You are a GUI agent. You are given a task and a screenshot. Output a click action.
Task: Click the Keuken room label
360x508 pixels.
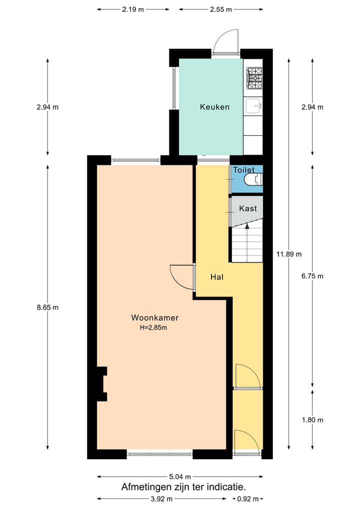(x=214, y=107)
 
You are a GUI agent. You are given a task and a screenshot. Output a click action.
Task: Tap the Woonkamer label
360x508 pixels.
(x=154, y=318)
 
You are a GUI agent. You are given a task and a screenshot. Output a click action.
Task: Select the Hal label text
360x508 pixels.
(x=217, y=277)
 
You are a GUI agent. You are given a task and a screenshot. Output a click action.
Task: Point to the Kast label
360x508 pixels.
(x=248, y=208)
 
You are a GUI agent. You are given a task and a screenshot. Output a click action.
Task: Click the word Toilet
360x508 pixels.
(x=244, y=170)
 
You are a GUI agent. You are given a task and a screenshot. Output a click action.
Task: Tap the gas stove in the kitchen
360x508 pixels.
(x=254, y=78)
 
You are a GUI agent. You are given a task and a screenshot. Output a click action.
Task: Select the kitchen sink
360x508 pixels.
(x=254, y=106)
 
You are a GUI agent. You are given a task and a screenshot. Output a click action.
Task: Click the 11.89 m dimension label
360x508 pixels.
(x=288, y=254)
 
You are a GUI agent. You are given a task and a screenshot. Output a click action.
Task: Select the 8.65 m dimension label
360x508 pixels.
(x=47, y=308)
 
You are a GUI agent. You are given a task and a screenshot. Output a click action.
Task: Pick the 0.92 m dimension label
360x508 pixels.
(x=248, y=499)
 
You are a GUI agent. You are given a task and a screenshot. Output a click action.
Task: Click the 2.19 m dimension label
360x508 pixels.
(x=133, y=9)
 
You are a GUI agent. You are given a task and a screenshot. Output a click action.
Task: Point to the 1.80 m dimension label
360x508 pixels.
(x=312, y=420)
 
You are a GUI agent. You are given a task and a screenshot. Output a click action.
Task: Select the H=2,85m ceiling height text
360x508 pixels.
(x=153, y=328)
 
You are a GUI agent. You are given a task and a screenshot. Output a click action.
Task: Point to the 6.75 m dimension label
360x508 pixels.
(x=312, y=276)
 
